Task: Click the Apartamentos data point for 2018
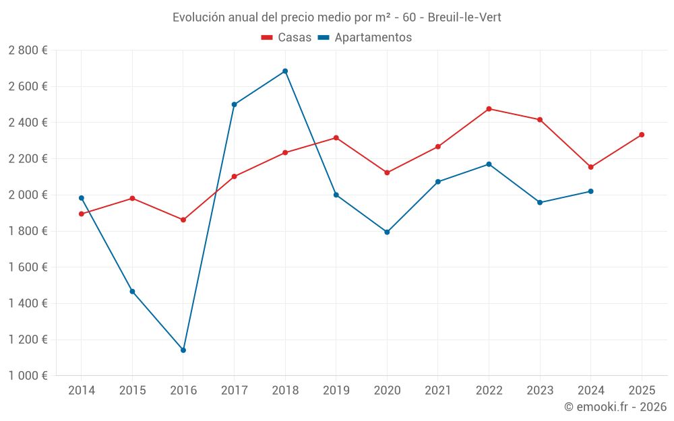(285, 71)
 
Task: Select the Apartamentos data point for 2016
(183, 350)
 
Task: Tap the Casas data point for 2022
(489, 108)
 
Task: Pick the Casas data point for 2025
(642, 135)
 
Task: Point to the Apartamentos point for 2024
(590, 191)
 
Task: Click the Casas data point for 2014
(82, 214)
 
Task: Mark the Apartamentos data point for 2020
(387, 232)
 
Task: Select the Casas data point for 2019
(336, 137)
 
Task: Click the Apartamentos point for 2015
(132, 292)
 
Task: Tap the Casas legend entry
(286, 38)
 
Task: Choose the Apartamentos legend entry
(365, 38)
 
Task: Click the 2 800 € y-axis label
(28, 51)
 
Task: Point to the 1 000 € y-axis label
(28, 376)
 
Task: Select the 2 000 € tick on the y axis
(28, 195)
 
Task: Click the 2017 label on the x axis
(234, 391)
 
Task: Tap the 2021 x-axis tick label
(437, 391)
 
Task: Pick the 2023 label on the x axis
(539, 391)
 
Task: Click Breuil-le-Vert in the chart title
(464, 17)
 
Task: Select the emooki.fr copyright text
(615, 407)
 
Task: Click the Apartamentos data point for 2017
(234, 104)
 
